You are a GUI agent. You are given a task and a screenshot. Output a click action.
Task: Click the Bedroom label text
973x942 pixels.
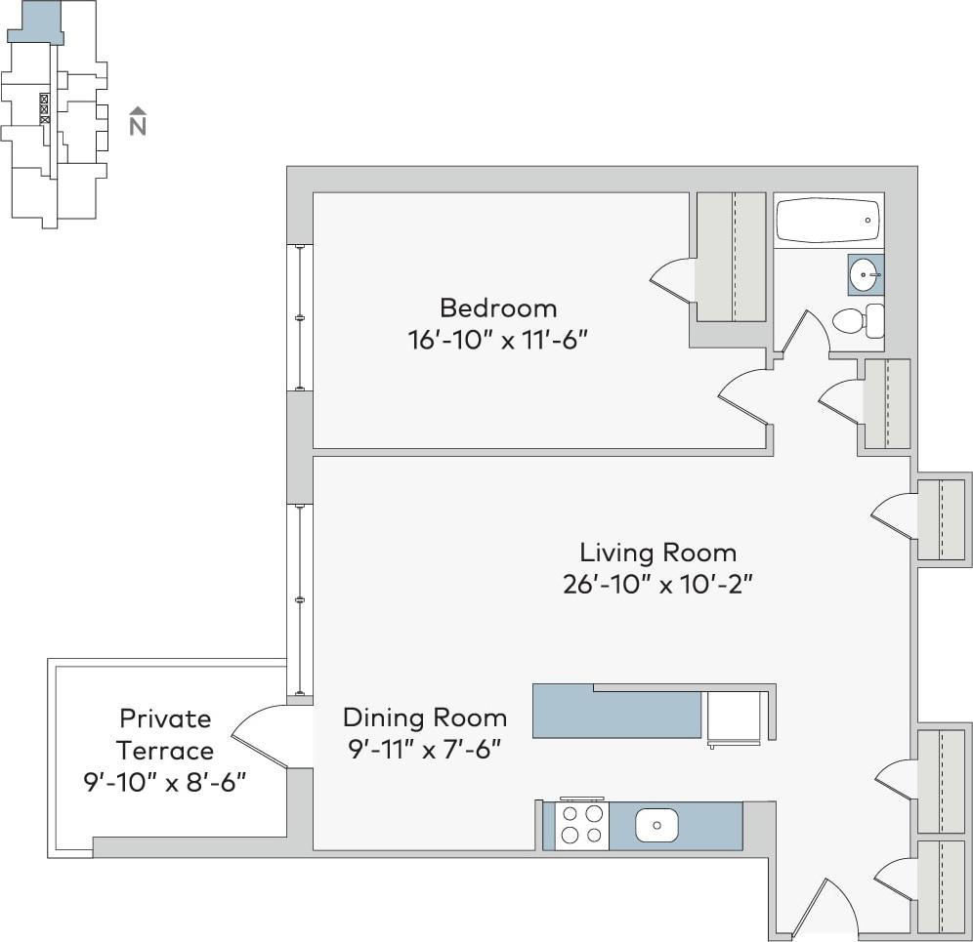498,308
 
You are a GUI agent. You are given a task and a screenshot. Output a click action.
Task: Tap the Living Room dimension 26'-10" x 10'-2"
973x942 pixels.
657,585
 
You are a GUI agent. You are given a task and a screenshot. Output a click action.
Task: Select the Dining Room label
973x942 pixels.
425,718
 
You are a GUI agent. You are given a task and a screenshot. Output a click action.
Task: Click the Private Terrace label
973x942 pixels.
165,734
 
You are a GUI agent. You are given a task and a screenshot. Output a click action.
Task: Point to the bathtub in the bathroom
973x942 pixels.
827,221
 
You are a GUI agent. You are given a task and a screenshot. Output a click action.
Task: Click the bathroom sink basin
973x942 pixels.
864,275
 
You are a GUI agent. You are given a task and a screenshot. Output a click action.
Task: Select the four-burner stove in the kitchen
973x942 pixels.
581,825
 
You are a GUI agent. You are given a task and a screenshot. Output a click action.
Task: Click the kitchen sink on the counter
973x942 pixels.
656,826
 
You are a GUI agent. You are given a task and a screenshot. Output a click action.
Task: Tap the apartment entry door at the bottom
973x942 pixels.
822,909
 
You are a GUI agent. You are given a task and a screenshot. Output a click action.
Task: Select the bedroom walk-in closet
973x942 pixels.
730,256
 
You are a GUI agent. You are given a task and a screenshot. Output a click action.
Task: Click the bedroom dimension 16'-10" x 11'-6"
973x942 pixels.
498,341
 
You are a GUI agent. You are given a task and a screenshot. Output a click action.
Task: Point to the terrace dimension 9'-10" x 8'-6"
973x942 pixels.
164,783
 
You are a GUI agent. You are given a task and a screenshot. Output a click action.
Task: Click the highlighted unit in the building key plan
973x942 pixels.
38,20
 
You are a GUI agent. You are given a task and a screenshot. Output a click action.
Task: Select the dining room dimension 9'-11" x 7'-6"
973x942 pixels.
425,751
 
